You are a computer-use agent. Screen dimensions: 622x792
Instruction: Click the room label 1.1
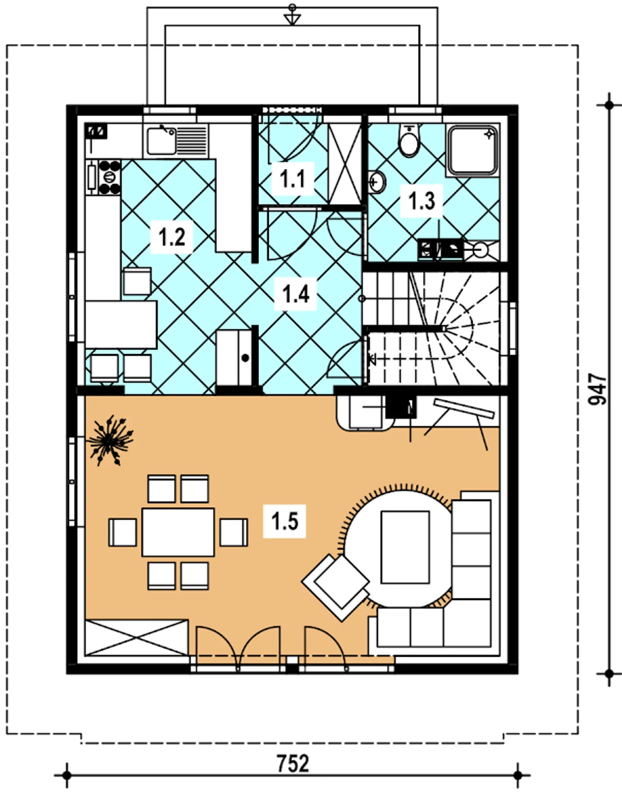tap(292, 179)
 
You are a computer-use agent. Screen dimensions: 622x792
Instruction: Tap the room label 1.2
tap(172, 236)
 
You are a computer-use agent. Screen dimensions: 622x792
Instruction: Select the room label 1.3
tap(421, 201)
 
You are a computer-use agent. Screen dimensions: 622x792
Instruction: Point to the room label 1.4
tap(295, 294)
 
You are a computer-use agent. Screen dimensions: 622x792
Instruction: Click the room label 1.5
tap(285, 521)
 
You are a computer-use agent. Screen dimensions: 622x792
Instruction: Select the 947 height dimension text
tap(597, 389)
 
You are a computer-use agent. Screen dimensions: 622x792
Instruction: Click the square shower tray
tap(473, 150)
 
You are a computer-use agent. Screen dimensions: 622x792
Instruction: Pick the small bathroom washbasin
tap(377, 181)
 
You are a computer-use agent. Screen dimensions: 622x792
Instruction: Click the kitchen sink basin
tap(161, 141)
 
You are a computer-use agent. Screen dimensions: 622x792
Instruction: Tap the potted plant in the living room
tap(109, 440)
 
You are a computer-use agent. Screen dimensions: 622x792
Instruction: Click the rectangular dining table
tap(178, 532)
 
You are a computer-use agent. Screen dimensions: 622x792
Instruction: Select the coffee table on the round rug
tap(405, 547)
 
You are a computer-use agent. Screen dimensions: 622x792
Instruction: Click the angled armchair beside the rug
tap(336, 588)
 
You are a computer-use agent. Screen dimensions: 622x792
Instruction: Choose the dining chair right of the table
tap(234, 532)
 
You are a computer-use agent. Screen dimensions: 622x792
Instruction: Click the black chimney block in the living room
tap(401, 407)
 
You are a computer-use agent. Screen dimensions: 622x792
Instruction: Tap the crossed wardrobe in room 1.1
tap(345, 164)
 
